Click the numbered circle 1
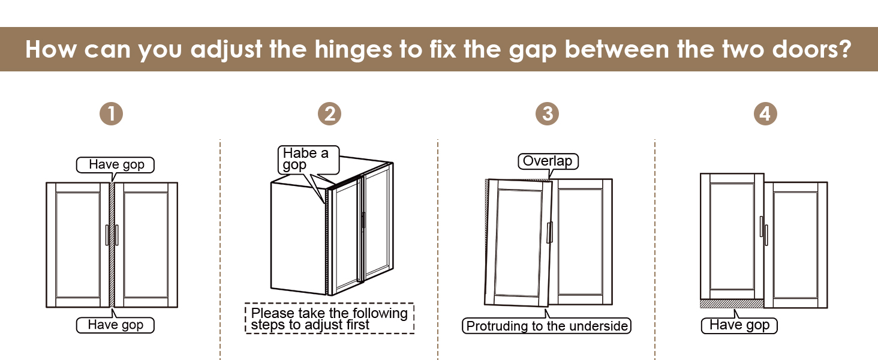point(112,114)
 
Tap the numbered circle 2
point(329,114)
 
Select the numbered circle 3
point(547,114)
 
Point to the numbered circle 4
point(765,114)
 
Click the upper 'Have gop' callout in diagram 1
point(115,165)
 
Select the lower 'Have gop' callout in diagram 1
point(115,325)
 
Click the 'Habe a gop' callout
point(308,160)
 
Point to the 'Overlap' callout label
point(548,161)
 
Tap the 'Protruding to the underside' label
point(546,326)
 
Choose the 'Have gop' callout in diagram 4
point(739,325)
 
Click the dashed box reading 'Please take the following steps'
point(329,319)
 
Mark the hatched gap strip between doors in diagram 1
point(112,245)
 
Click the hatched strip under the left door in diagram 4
point(732,304)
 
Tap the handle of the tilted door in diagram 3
point(549,233)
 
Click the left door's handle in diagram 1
point(107,235)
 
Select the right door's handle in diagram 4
point(766,235)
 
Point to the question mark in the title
point(846,49)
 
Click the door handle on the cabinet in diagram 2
point(363,221)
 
